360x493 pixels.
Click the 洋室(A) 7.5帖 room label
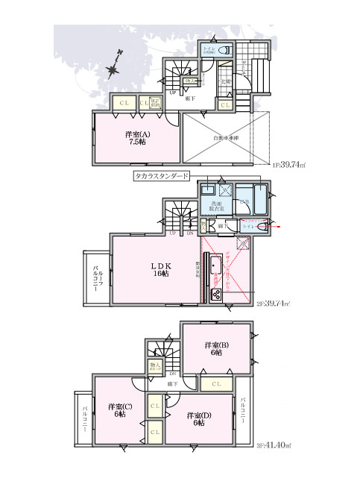pyautogui.click(x=136, y=138)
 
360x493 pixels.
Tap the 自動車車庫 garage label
pyautogui.click(x=224, y=138)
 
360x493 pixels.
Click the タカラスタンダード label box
pyautogui.click(x=162, y=176)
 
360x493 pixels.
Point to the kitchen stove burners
pyautogui.click(x=216, y=293)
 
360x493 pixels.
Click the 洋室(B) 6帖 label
pyautogui.click(x=218, y=349)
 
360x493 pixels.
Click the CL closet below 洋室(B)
pyautogui.click(x=215, y=384)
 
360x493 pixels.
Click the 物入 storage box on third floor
pyautogui.click(x=154, y=366)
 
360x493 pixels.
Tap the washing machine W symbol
pyautogui.click(x=226, y=189)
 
